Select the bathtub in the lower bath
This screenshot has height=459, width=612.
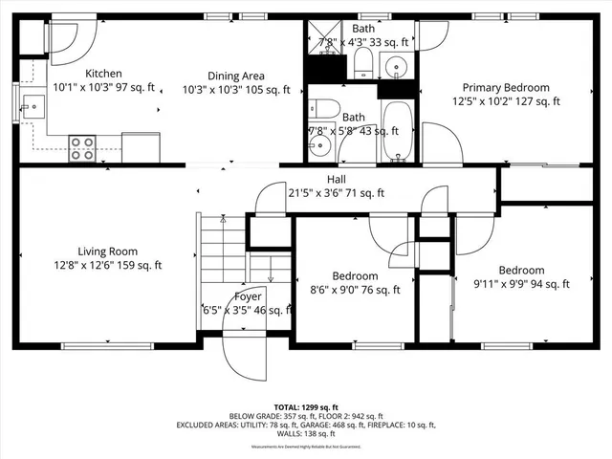(x=397, y=132)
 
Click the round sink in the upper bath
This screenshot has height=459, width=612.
(x=398, y=66)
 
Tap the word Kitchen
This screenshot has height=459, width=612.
(x=103, y=74)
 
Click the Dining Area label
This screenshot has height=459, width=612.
(x=236, y=76)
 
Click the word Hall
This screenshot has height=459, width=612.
(x=336, y=179)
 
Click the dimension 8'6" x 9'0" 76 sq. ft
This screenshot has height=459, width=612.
(x=355, y=290)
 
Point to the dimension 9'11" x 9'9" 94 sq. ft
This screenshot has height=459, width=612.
(x=521, y=283)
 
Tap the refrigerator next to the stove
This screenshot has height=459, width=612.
(x=140, y=146)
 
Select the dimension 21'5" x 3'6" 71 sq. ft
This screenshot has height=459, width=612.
(x=336, y=192)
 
